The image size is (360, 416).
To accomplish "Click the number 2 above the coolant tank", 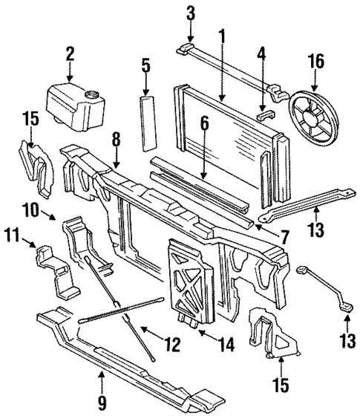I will [x=69, y=53].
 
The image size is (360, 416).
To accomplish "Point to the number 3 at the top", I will [x=190, y=13].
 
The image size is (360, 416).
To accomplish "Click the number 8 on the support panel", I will [x=117, y=159].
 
